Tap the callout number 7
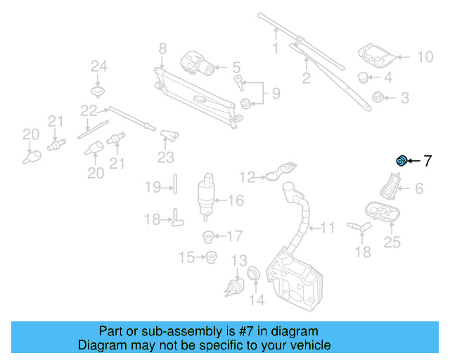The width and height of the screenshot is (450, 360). point(427,162)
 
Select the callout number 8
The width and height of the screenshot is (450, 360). point(162,49)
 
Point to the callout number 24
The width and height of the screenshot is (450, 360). point(98,67)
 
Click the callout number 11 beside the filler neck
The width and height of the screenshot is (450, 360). point(328,228)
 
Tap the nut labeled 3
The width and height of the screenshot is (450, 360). point(376,98)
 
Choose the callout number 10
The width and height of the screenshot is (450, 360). point(425,57)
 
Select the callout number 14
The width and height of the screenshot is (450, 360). point(258,300)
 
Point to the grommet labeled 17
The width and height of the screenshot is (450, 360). point(208,236)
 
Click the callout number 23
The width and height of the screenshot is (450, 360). point(165,156)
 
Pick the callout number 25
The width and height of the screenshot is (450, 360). point(392,243)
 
